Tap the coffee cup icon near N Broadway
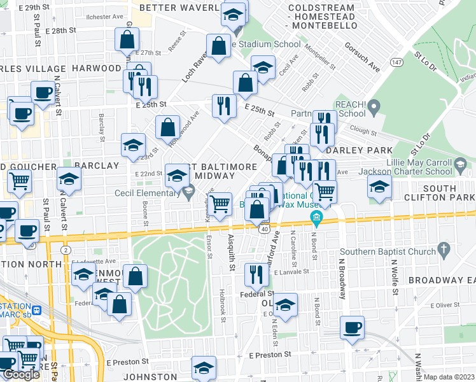[352, 328]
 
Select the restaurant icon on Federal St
[256, 274]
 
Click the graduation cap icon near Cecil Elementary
[177, 175]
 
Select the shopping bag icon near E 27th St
[127, 39]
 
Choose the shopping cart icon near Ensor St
[220, 204]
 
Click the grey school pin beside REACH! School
[374, 105]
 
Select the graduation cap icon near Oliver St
[286, 305]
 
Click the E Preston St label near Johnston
[270, 355]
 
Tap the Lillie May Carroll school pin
[459, 166]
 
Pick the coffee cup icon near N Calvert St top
[43, 93]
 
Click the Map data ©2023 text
[449, 377]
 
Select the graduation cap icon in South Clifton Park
[379, 187]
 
